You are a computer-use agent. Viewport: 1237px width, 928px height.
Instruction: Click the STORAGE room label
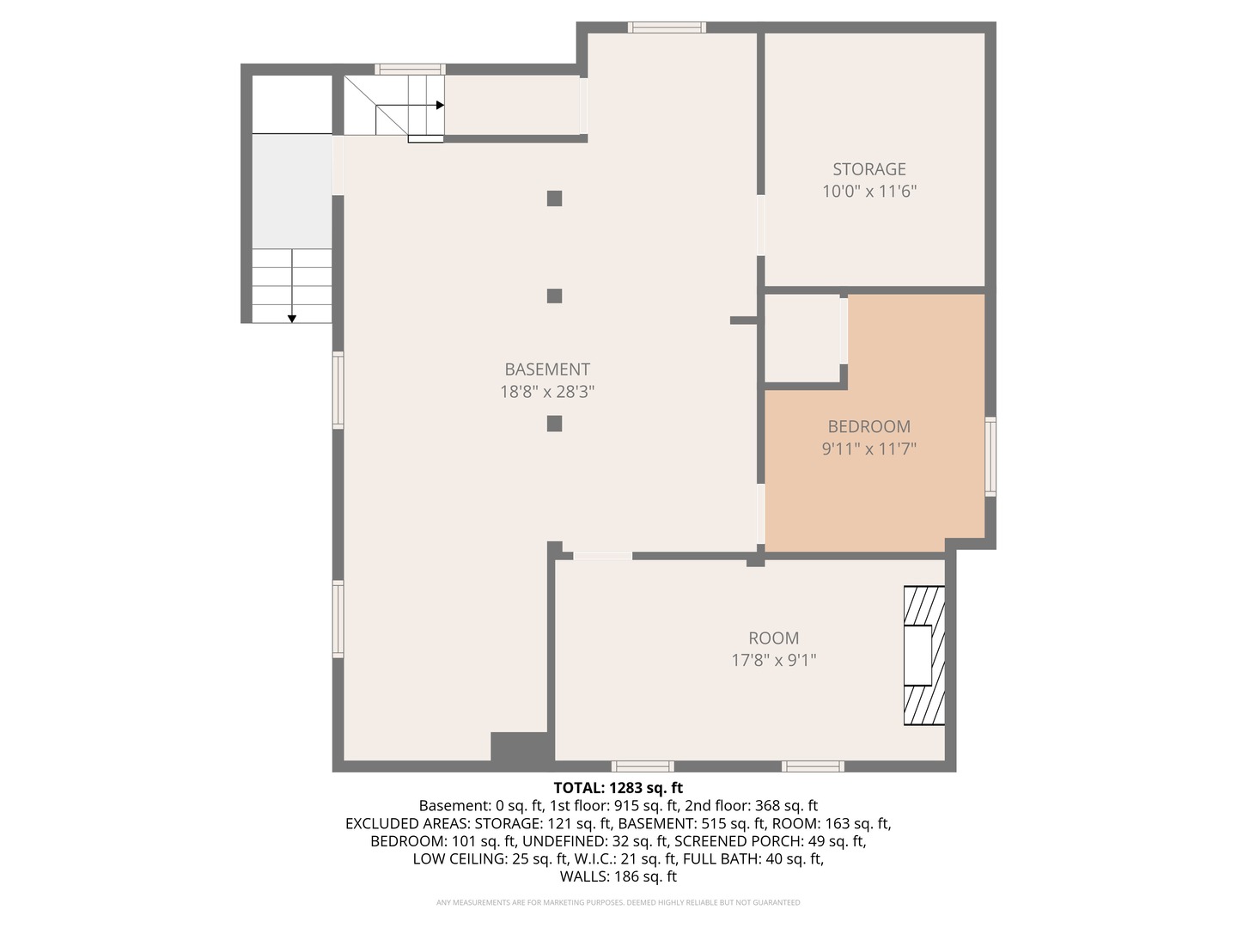click(869, 169)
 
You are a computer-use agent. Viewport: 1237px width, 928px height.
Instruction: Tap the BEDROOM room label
click(868, 426)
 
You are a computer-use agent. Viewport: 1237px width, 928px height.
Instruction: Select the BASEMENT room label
click(547, 369)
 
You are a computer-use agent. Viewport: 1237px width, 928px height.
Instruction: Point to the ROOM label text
click(773, 638)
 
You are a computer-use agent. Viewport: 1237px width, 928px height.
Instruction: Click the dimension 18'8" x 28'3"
click(547, 392)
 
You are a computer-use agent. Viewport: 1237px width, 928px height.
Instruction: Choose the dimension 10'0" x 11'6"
click(869, 192)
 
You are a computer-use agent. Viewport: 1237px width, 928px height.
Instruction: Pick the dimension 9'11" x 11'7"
click(868, 449)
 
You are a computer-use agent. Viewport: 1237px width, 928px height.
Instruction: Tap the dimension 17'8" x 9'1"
click(773, 660)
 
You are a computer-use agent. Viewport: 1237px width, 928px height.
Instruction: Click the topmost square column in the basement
click(555, 198)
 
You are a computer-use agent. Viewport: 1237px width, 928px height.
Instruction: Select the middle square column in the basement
click(555, 296)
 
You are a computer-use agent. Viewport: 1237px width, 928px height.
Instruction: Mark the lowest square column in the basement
click(555, 424)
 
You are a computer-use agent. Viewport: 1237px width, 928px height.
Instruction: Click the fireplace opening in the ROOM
click(917, 655)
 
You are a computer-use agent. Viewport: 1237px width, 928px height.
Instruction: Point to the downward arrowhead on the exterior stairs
click(292, 319)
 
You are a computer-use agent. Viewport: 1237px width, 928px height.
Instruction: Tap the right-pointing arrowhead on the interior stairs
click(440, 106)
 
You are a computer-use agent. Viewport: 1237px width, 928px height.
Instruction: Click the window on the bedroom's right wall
click(990, 456)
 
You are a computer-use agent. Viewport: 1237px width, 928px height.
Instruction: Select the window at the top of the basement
click(667, 27)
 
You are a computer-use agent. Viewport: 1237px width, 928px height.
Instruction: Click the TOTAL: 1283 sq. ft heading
click(618, 788)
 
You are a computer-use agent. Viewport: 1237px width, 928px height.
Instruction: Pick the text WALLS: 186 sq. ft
click(618, 876)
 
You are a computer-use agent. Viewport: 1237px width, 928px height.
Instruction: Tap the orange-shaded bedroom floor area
click(874, 467)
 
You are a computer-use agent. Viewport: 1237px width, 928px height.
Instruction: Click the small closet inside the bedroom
click(802, 338)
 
